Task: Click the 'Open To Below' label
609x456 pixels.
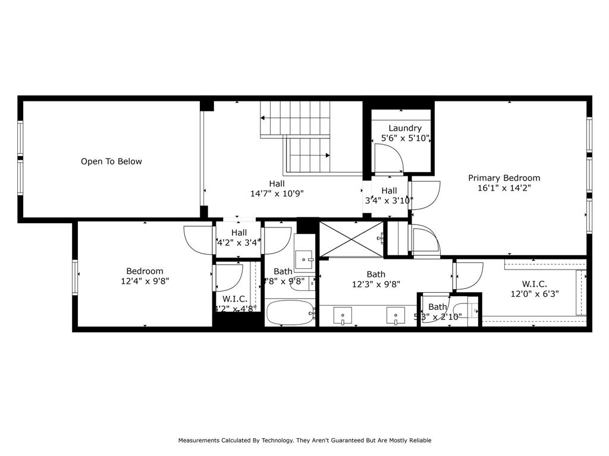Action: click(x=111, y=161)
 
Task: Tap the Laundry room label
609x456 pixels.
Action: click(x=405, y=128)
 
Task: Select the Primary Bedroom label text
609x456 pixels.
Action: click(x=504, y=178)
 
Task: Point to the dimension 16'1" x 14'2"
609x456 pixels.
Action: click(x=504, y=188)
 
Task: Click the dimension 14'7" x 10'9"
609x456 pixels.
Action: click(x=277, y=194)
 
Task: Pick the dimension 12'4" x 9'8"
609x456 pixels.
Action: click(x=145, y=281)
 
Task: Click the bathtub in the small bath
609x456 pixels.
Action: click(x=289, y=313)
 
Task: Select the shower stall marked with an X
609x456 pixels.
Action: click(x=351, y=239)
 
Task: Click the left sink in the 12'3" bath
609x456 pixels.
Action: click(x=343, y=315)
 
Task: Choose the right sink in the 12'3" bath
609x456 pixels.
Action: click(x=395, y=315)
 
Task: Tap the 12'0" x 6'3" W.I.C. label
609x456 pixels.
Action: click(x=535, y=289)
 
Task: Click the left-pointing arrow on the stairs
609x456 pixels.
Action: click(x=263, y=118)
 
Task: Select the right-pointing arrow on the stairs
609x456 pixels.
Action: click(x=328, y=156)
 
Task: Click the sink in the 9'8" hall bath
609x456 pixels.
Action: click(x=304, y=259)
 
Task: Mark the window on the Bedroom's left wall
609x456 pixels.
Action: click(x=76, y=277)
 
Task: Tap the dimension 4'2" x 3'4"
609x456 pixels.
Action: click(x=238, y=242)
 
